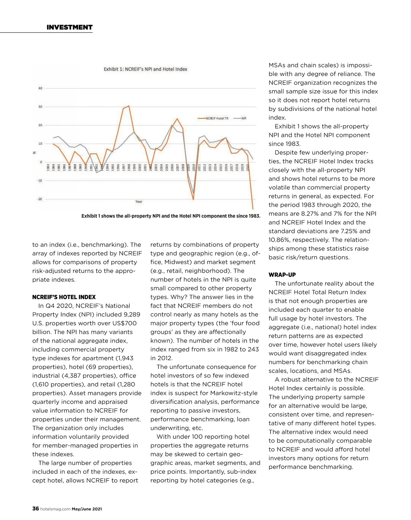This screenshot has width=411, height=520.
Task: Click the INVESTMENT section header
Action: point(70,27)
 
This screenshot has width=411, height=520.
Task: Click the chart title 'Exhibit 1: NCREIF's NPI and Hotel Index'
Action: point(146,69)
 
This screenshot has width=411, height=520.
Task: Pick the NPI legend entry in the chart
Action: point(240,119)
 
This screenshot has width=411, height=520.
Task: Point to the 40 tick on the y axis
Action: point(40,88)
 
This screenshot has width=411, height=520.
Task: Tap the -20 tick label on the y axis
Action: point(40,199)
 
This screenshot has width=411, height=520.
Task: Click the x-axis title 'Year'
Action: point(139,202)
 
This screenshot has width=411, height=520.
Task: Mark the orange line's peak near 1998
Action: point(129,106)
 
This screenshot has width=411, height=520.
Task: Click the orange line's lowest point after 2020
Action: point(253,209)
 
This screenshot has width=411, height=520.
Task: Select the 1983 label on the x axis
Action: point(48,168)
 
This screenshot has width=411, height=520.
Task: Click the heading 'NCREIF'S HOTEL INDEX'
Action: point(64,297)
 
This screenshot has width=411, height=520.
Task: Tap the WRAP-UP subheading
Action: point(282,275)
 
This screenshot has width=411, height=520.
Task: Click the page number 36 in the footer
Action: point(36,509)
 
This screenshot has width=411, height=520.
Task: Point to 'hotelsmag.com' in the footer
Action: point(55,509)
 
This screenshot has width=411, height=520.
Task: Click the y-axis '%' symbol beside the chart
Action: point(34,153)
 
